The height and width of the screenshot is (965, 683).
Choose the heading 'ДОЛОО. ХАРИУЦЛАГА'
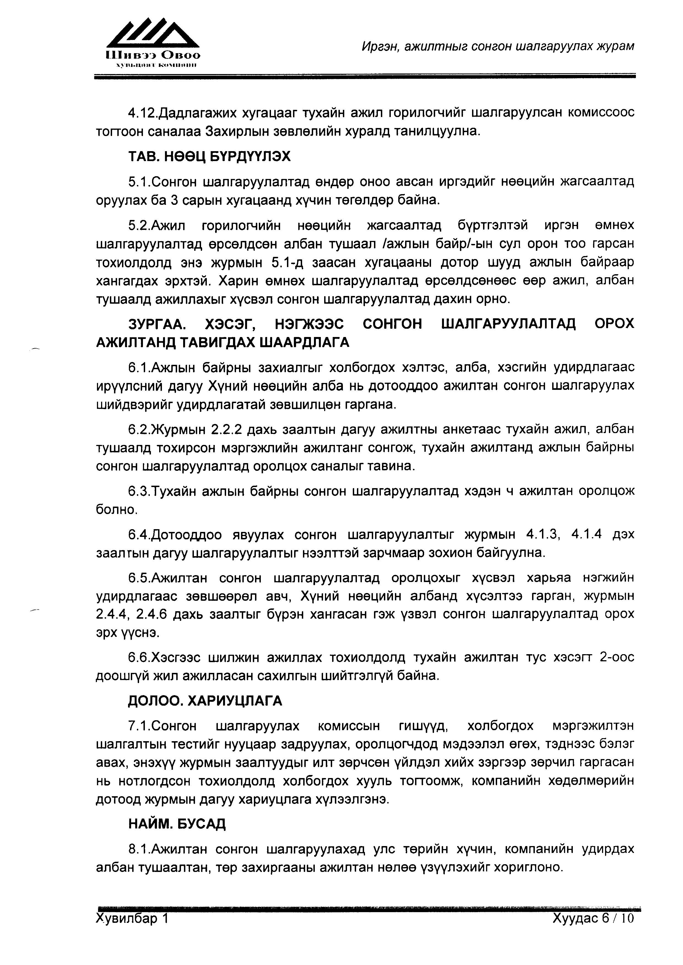tap(205, 701)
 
